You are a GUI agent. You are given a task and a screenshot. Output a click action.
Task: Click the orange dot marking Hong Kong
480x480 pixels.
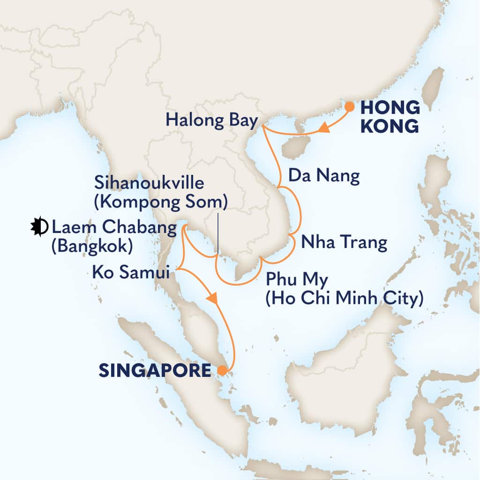[349, 106]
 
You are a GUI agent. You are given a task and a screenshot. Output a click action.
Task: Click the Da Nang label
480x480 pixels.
[324, 176]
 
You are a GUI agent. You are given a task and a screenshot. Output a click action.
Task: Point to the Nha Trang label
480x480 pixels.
[344, 242]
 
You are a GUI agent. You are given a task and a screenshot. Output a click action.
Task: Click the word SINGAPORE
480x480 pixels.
[155, 371]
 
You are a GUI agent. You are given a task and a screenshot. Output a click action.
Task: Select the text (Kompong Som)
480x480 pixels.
[161, 202]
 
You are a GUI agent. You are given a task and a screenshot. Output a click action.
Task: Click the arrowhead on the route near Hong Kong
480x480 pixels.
[324, 127]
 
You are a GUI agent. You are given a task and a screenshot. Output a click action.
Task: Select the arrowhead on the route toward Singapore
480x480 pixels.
[213, 298]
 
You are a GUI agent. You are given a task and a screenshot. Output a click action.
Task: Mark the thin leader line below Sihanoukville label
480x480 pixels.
[218, 232]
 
